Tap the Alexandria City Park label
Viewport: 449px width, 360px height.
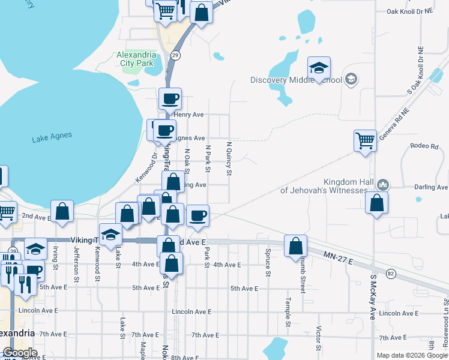[136, 59]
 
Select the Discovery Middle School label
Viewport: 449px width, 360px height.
[296, 80]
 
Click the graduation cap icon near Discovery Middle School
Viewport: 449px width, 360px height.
[319, 68]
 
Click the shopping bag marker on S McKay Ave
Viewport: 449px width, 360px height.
[376, 203]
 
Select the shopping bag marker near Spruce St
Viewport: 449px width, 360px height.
[295, 246]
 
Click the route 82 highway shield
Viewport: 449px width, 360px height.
[391, 274]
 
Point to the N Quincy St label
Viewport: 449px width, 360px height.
[229, 158]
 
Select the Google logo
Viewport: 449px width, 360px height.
[20, 353]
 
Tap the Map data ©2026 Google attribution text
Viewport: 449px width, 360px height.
[412, 355]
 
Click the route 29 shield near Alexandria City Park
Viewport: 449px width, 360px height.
[175, 55]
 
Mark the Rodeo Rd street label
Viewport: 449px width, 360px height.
[421, 146]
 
